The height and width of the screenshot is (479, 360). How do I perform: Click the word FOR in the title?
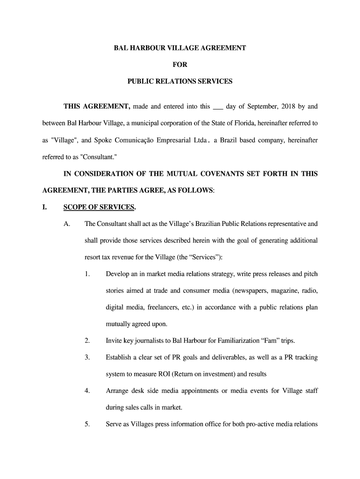point(180,65)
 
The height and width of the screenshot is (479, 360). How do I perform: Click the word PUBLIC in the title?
point(140,81)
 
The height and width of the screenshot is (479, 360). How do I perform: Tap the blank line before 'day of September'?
point(218,107)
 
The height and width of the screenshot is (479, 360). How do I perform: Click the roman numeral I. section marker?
point(45,207)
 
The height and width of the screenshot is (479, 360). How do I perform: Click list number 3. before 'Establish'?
point(87,357)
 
